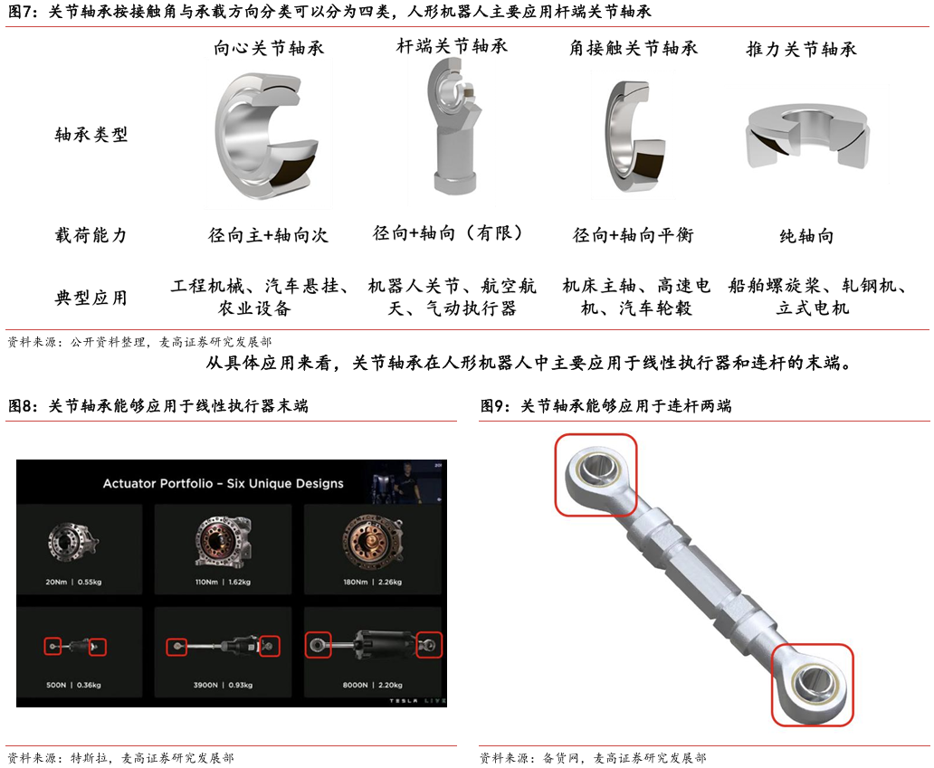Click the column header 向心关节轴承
pos(269,48)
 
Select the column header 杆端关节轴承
pos(453,46)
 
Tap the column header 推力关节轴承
pos(802,48)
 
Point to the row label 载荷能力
pos(91,235)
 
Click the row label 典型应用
pos(91,297)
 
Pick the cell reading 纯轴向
pos(806,236)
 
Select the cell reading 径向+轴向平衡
pos(634,235)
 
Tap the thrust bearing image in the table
pos(807,137)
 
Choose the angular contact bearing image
pos(634,135)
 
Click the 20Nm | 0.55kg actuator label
pos(74,582)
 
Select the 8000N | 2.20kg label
pos(372,685)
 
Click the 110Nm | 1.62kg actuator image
pos(223,541)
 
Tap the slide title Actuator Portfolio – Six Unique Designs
pos(224,483)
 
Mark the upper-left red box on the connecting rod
pos(596,475)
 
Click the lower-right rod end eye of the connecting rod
pos(813,684)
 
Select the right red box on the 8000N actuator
pos(429,645)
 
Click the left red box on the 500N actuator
pos(53,646)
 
